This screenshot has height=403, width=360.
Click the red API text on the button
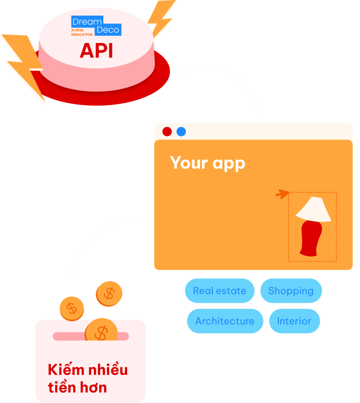point(96,50)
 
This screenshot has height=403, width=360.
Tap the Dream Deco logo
point(96,26)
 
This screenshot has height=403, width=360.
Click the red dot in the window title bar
point(167,132)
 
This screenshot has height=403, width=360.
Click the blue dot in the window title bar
point(181,132)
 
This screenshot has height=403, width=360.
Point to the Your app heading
point(207,163)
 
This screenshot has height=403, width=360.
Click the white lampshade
point(313,209)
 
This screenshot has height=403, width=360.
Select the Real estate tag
point(220,291)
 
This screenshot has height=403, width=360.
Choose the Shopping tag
point(291,291)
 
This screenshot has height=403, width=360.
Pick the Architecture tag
point(225,321)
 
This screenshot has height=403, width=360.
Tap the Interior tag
point(294,321)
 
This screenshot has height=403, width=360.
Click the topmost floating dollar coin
point(109,293)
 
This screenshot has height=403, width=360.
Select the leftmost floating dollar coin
point(72,309)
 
